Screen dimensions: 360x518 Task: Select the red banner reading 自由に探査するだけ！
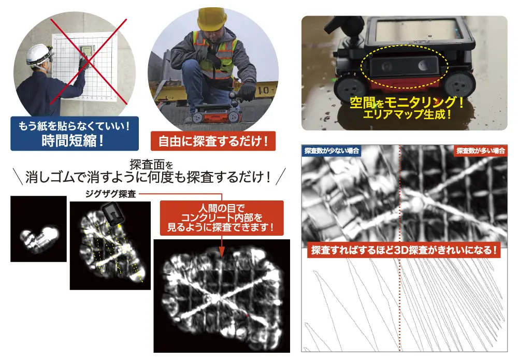(213, 140)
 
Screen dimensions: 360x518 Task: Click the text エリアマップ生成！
(406, 114)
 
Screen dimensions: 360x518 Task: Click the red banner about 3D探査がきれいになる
(405, 250)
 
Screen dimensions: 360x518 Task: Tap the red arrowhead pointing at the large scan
(221, 253)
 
